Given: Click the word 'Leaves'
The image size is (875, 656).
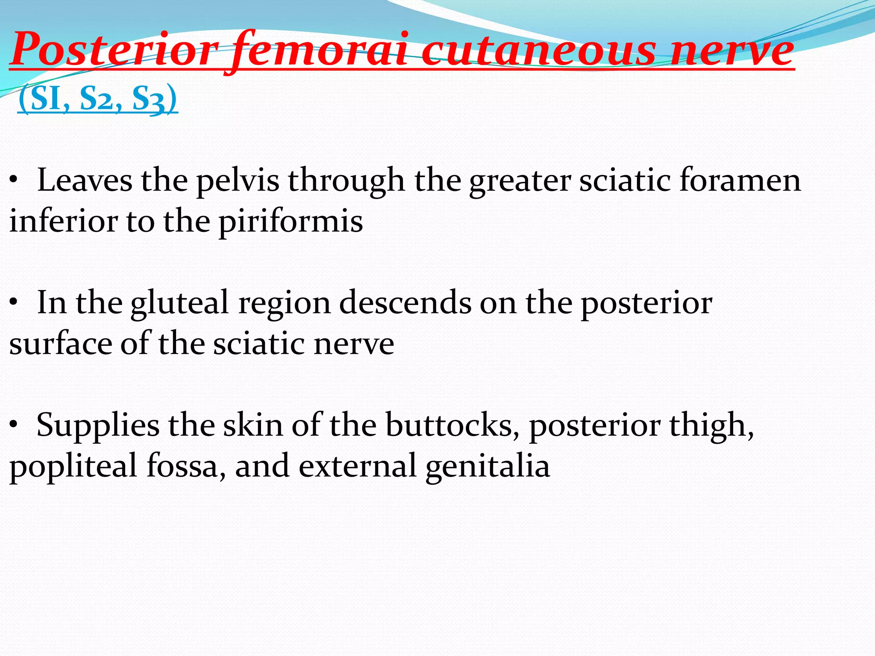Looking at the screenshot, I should click(85, 180).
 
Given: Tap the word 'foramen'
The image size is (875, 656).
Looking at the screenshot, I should click(740, 180).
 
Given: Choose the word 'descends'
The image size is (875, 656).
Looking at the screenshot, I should click(405, 303).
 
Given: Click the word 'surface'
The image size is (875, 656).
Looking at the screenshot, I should click(60, 344).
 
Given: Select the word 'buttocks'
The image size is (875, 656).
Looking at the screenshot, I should click(449, 425).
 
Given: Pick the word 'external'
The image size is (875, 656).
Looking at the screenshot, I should click(357, 466).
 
